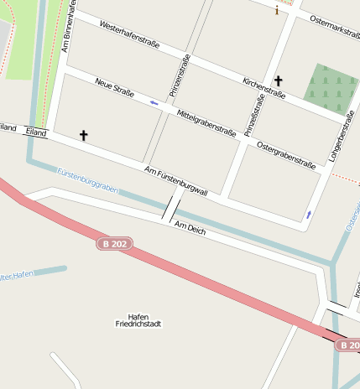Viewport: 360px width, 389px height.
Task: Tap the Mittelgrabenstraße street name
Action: (x=206, y=122)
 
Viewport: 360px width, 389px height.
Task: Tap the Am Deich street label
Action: (x=190, y=227)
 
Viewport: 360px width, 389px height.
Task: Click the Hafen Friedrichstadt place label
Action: (x=138, y=319)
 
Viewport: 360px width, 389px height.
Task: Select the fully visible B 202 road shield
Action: (x=115, y=243)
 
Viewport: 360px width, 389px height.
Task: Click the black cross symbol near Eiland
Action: (x=83, y=134)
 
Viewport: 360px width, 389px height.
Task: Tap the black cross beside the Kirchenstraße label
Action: (x=278, y=81)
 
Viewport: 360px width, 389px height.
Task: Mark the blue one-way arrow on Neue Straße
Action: (x=154, y=102)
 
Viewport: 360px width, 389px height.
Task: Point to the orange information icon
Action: (x=277, y=11)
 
